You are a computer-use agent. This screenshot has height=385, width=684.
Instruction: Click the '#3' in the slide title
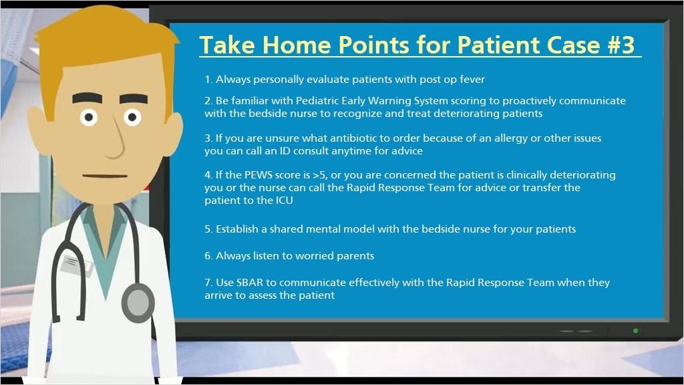click(x=621, y=45)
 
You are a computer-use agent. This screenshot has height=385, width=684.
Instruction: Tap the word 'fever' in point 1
click(x=472, y=80)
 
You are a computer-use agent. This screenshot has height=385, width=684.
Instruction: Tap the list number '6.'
click(x=208, y=256)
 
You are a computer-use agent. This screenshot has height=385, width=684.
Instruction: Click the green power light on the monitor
click(x=636, y=330)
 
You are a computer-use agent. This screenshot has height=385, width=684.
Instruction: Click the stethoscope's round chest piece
click(x=138, y=302)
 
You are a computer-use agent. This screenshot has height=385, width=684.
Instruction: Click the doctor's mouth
click(x=105, y=176)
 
